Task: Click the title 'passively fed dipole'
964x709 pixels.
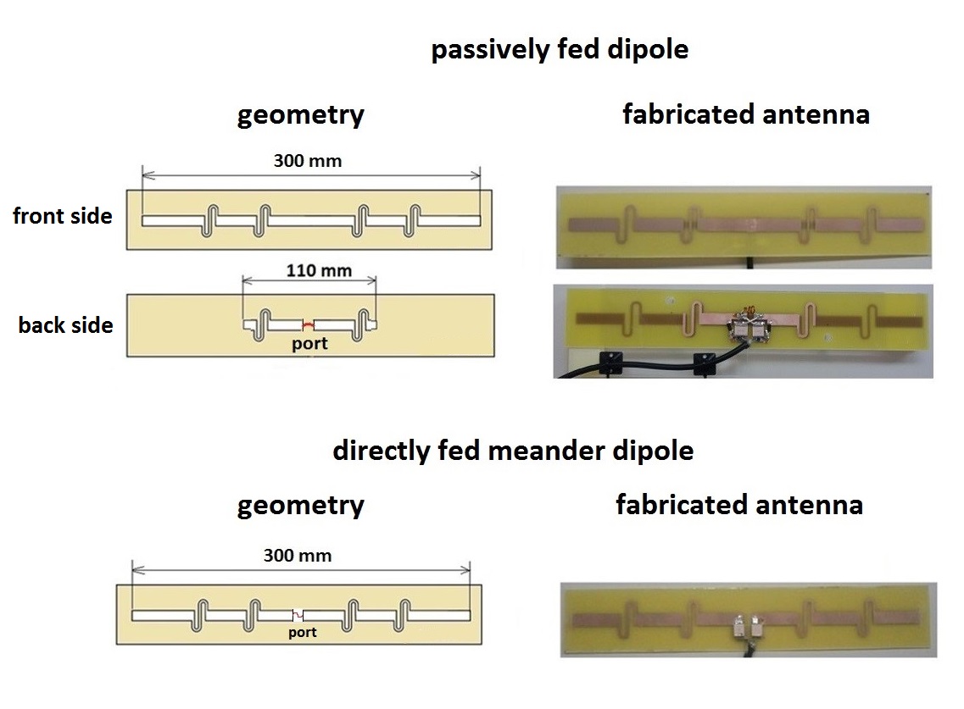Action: coord(560,50)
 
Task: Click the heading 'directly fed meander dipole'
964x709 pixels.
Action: coord(512,450)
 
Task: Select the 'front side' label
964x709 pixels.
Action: coord(62,216)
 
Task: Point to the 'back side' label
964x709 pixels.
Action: coord(65,324)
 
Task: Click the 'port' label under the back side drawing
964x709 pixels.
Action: coord(309,344)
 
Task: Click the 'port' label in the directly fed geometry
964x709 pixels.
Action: coord(302,632)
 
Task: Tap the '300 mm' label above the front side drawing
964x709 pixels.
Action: coord(307,160)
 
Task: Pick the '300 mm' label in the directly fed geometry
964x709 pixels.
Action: coord(297,556)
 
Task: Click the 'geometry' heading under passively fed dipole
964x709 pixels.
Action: coord(300,114)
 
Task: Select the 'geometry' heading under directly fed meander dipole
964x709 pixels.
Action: coord(300,506)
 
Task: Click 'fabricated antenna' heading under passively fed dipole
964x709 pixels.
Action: coord(745,114)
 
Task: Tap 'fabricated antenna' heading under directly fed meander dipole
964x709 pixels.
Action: coord(738,506)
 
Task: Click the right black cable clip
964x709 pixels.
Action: coord(703,363)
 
